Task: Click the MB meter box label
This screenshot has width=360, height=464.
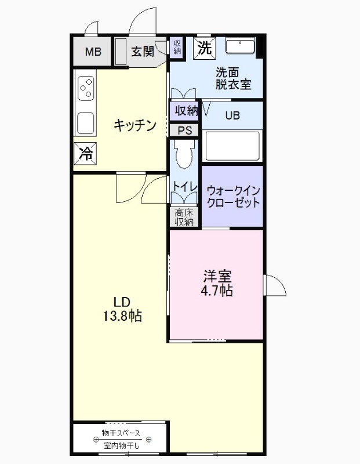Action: [93, 52]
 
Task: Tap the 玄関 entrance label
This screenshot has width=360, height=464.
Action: [142, 52]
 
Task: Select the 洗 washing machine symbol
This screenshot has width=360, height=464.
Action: [204, 48]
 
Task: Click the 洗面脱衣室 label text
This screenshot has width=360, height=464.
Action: [233, 78]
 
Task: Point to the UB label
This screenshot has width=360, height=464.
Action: [232, 115]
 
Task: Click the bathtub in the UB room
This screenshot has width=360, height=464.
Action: [231, 147]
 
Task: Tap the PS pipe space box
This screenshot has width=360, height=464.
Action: [184, 130]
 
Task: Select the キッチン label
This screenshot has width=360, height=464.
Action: [134, 125]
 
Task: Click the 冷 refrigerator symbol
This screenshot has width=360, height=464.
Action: [85, 154]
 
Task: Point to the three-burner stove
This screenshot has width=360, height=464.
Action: [86, 88]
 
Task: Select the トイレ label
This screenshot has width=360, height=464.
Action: [184, 186]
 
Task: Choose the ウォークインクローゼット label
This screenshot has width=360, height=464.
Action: [233, 197]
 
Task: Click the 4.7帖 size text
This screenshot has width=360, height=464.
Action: [218, 291]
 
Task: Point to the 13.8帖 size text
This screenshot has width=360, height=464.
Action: [123, 316]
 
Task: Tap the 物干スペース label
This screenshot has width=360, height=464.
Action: [121, 434]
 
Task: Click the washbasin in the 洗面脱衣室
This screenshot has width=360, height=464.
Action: [240, 46]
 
